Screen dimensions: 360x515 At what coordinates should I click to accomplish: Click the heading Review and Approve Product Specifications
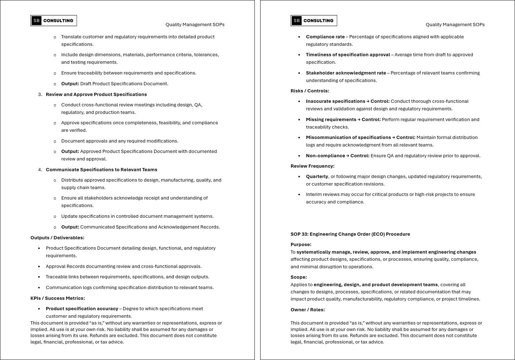click(96, 95)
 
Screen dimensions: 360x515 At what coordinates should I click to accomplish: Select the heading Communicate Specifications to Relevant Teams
click(101, 170)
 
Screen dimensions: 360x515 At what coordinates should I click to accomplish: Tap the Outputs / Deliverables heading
click(57, 238)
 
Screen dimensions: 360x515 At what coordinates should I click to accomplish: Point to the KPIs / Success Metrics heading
click(58, 298)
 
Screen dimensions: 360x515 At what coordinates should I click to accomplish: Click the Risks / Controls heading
click(310, 91)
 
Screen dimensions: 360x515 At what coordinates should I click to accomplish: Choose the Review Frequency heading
click(313, 166)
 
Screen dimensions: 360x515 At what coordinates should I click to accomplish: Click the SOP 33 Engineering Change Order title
click(350, 234)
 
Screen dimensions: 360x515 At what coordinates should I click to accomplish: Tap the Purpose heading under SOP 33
click(301, 245)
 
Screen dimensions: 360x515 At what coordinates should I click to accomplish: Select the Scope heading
click(299, 277)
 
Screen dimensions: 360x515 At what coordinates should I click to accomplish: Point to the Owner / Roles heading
click(307, 310)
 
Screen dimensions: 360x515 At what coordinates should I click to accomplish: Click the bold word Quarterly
click(317, 177)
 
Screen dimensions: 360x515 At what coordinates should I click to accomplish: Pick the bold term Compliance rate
click(325, 37)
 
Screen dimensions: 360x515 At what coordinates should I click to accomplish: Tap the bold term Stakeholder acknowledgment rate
click(346, 73)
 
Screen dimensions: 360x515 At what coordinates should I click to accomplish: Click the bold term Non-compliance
click(325, 156)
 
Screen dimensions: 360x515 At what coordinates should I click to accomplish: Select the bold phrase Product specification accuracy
click(82, 309)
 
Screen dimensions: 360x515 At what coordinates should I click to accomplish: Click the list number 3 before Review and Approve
click(40, 95)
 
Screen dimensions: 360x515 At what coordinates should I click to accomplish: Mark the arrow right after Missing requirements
click(359, 120)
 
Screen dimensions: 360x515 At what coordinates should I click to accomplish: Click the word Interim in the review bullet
click(314, 195)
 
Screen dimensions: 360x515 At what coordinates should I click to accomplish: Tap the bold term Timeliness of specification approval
click(348, 55)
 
